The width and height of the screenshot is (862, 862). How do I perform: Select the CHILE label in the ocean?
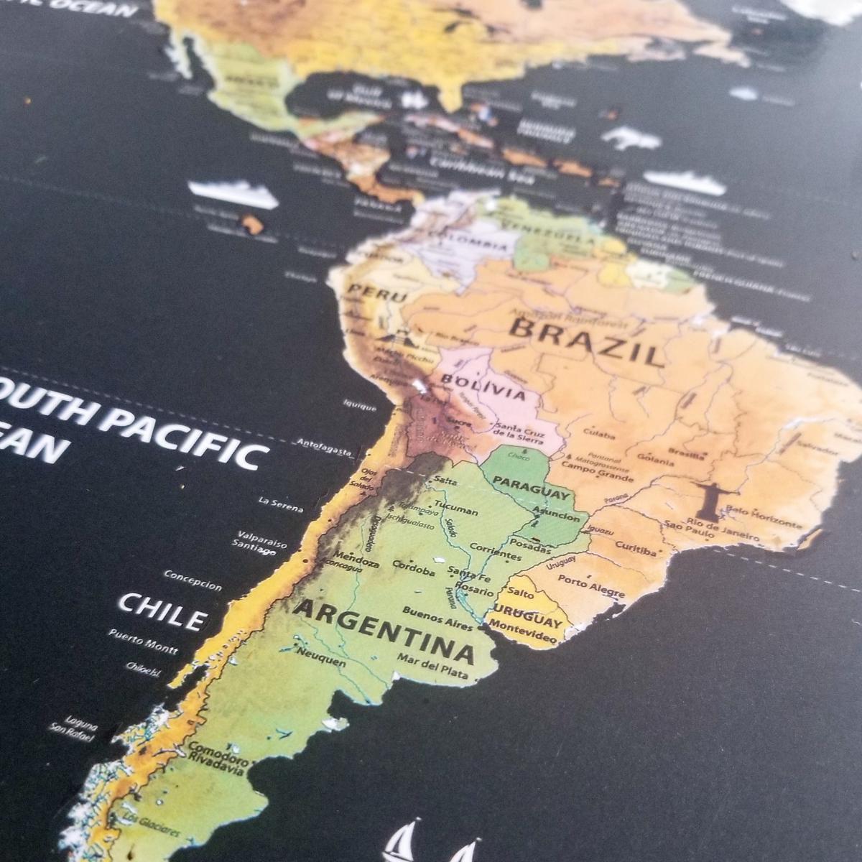tap(162, 611)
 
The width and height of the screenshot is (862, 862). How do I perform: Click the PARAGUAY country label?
tap(532, 488)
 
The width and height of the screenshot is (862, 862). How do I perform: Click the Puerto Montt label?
tap(143, 641)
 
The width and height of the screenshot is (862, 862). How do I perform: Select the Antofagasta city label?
tap(324, 447)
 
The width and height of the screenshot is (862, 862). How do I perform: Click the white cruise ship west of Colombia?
tap(233, 193)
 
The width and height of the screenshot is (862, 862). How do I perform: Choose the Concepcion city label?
tap(193, 580)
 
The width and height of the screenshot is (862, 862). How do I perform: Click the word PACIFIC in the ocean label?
tap(184, 435)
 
